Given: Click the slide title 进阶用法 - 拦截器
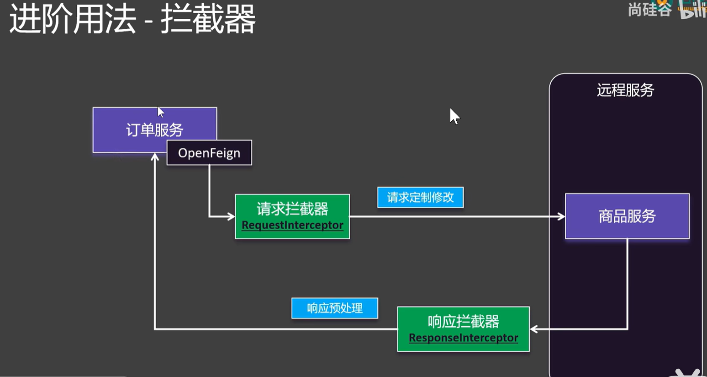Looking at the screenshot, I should pos(132,19).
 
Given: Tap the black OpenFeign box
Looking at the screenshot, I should pos(209,153).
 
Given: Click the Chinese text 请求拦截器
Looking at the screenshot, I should pos(292,209).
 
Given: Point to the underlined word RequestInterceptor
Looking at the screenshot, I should pos(292,225).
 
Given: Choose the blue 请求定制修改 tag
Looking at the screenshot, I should pos(420,197).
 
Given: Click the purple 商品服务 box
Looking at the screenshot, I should pos(627,216).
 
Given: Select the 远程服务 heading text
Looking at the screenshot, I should pos(625,90).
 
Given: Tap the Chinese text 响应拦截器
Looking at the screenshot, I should pos(463,322).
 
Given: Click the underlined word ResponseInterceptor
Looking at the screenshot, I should pos(463,338).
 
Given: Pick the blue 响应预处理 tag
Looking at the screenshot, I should pos(334,308).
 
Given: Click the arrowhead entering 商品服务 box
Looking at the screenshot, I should pos(561,216).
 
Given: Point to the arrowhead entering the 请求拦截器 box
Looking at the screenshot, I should pos(231,216).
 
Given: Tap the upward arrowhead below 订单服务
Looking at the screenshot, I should pos(155,157).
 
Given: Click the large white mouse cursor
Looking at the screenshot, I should pos(454,116).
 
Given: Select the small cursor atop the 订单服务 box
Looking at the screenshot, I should pos(160,112).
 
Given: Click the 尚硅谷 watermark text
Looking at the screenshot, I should pos(649,9).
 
